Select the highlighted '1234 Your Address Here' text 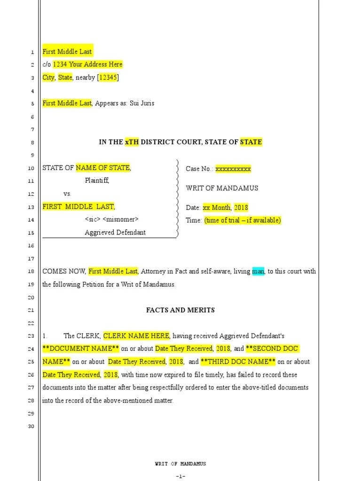click(x=87, y=64)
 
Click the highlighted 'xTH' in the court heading click(x=132, y=142)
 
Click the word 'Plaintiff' click(x=97, y=180)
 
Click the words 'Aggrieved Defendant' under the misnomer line click(x=115, y=233)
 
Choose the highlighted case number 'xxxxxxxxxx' click(x=233, y=169)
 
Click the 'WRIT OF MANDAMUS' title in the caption click(x=222, y=188)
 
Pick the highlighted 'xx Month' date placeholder click(x=216, y=208)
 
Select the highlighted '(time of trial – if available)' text click(x=243, y=220)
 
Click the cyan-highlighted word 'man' click(x=258, y=272)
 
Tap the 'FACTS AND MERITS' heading click(x=180, y=310)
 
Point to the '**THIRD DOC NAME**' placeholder click(x=238, y=362)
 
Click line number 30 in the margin click(x=31, y=427)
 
